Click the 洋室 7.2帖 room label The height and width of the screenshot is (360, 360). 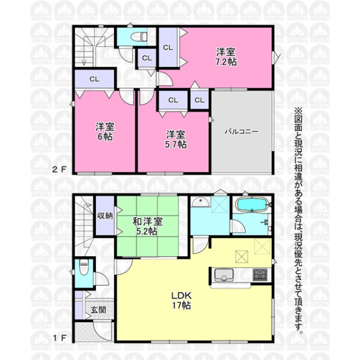tap(226, 57)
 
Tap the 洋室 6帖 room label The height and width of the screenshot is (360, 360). tap(105, 131)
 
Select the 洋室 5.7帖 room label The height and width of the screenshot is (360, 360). tap(176, 139)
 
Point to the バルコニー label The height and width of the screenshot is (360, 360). tap(242, 132)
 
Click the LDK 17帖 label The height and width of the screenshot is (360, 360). tap(181, 300)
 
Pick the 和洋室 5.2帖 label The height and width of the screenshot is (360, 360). tap(148, 226)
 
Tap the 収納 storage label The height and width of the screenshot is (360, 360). tap(105, 215)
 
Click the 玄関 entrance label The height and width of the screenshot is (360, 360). tap(98, 310)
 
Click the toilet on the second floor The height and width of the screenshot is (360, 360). tap(139, 37)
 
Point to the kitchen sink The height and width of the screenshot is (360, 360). tap(223, 275)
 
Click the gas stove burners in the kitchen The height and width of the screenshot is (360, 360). tap(260, 274)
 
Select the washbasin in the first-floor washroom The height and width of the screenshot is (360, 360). tap(200, 202)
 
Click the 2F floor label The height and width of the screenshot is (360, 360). tap(59, 169)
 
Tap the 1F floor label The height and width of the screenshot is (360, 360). tap(59, 338)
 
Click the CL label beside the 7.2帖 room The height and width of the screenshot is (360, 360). tap(168, 47)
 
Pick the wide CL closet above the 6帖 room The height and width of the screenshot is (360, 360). tap(94, 79)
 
